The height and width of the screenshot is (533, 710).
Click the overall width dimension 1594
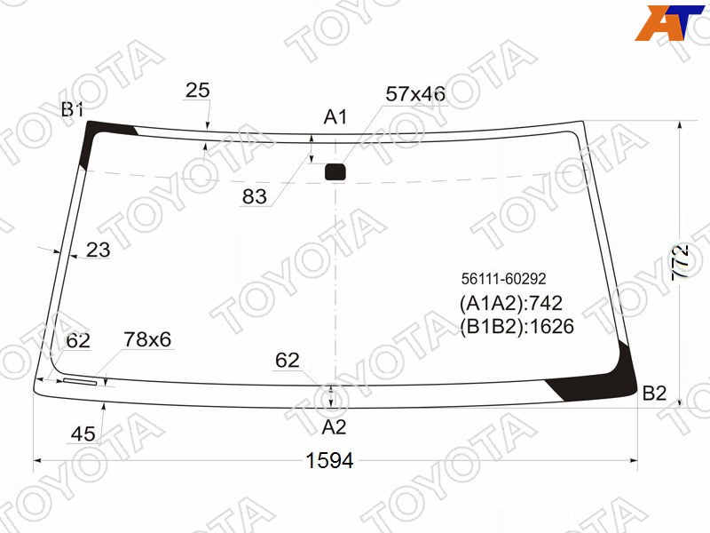click(x=329, y=460)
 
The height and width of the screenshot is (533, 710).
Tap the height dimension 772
click(x=681, y=261)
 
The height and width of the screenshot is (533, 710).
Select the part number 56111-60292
click(x=503, y=278)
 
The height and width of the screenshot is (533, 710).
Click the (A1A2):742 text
click(x=511, y=303)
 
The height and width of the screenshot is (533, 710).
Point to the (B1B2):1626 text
click(x=517, y=326)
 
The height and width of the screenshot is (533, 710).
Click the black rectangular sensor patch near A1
click(x=335, y=171)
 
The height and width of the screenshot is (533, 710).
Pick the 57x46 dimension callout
click(x=415, y=94)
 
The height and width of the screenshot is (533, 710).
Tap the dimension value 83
click(x=255, y=196)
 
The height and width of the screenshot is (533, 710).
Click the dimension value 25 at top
click(x=197, y=91)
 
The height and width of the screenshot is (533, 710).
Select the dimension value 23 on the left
click(x=98, y=250)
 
